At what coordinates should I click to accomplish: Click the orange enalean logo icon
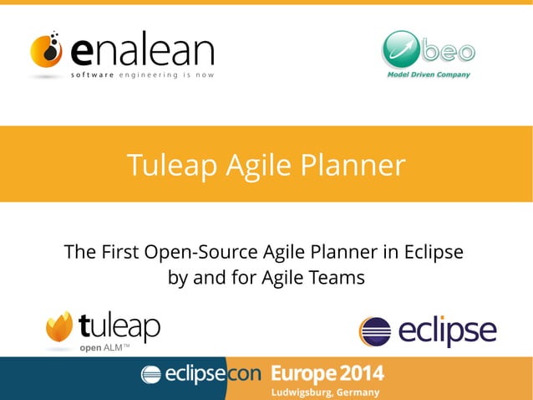(47, 52)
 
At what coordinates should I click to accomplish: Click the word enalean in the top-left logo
(142, 51)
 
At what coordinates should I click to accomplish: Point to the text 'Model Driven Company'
(429, 74)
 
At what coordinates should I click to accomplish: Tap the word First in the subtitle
(117, 252)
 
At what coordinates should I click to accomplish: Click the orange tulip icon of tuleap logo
(58, 327)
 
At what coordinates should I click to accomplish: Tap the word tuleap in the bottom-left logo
(119, 326)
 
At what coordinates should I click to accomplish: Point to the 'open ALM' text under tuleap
(104, 347)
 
